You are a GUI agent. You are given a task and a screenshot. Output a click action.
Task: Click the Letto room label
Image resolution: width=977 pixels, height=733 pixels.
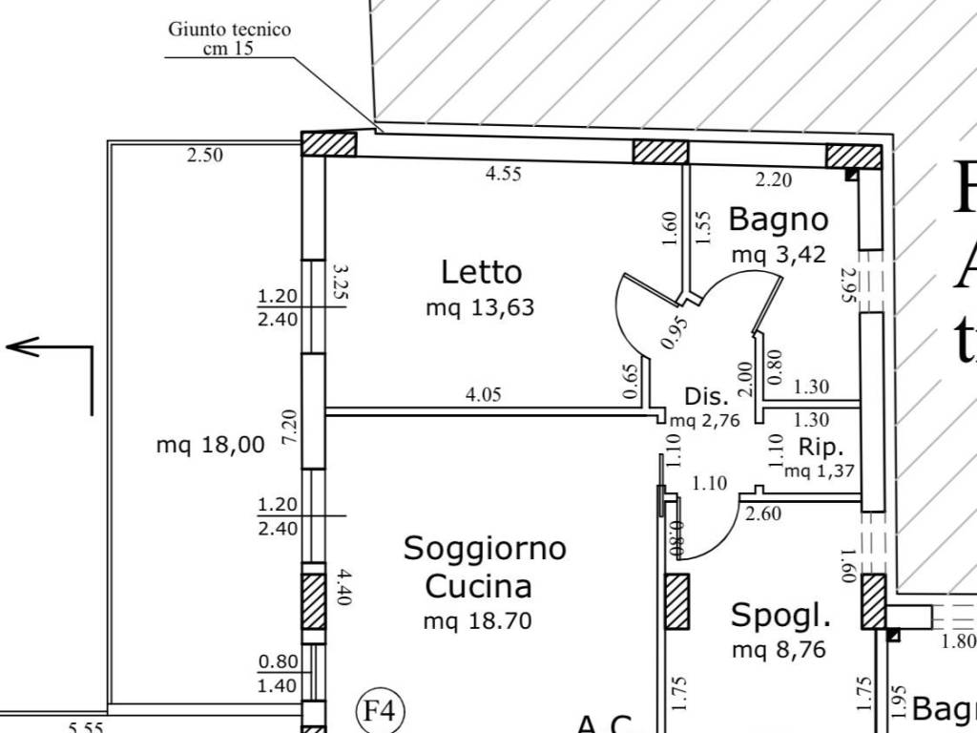click(481, 272)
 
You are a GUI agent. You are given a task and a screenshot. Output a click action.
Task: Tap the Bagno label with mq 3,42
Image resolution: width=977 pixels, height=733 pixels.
click(778, 220)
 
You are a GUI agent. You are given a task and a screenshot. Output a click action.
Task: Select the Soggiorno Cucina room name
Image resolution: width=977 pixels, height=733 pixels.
click(484, 566)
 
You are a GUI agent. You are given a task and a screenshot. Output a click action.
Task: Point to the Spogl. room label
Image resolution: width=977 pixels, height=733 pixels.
click(780, 616)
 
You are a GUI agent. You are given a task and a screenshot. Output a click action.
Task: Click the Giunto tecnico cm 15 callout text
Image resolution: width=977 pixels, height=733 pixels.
click(229, 38)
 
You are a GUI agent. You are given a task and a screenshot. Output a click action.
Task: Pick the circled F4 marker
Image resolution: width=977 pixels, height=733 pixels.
click(381, 711)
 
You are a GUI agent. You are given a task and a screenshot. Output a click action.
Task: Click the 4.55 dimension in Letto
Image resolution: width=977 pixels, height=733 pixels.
click(504, 175)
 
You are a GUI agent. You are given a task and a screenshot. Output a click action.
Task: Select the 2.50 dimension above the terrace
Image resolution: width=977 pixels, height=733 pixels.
click(204, 156)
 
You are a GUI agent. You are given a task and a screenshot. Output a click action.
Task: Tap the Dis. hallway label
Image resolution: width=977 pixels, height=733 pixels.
click(707, 397)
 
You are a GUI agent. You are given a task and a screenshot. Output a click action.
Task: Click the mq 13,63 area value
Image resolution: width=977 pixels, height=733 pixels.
click(480, 308)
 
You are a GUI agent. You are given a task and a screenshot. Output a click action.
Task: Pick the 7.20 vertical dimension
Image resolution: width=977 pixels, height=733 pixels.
click(291, 426)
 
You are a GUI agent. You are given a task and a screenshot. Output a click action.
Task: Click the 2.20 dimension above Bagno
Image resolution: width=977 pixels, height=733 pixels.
click(773, 178)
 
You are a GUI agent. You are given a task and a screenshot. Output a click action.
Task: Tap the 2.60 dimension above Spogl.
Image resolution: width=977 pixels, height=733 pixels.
click(764, 514)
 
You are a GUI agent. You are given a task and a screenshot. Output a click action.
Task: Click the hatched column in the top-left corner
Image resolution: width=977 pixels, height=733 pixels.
click(329, 144)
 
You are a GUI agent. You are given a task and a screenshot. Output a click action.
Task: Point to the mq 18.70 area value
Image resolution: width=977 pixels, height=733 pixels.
click(477, 621)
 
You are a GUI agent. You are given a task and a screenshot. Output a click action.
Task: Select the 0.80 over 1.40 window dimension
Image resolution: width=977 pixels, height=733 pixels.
click(279, 673)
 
